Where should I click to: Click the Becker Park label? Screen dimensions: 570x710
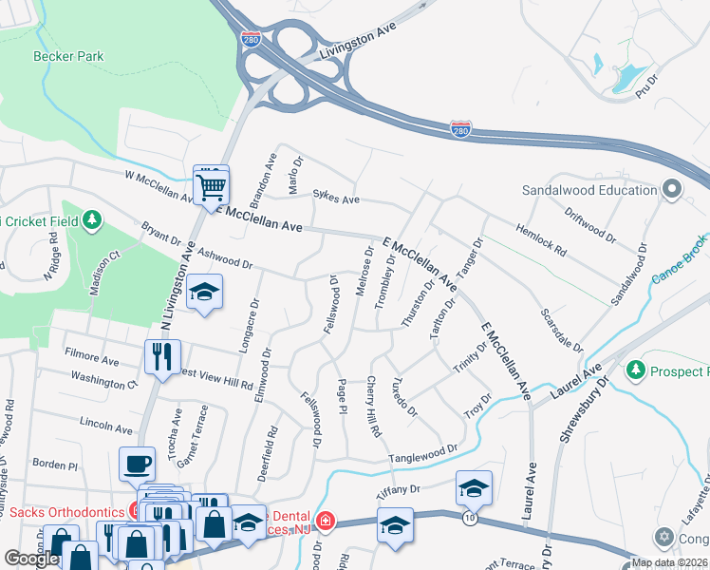(68, 56)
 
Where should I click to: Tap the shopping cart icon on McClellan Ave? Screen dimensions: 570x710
(211, 183)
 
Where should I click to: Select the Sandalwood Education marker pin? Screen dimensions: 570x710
(671, 189)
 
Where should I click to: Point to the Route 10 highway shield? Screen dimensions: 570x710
(469, 517)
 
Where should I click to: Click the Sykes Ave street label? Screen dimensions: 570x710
(337, 199)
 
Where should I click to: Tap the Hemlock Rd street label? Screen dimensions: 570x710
(540, 241)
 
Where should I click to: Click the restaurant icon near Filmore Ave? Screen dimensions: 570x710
(162, 356)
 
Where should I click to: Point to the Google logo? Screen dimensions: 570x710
(31, 559)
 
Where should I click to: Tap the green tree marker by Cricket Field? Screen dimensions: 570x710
(91, 221)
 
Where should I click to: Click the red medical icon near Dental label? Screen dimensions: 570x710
(326, 520)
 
